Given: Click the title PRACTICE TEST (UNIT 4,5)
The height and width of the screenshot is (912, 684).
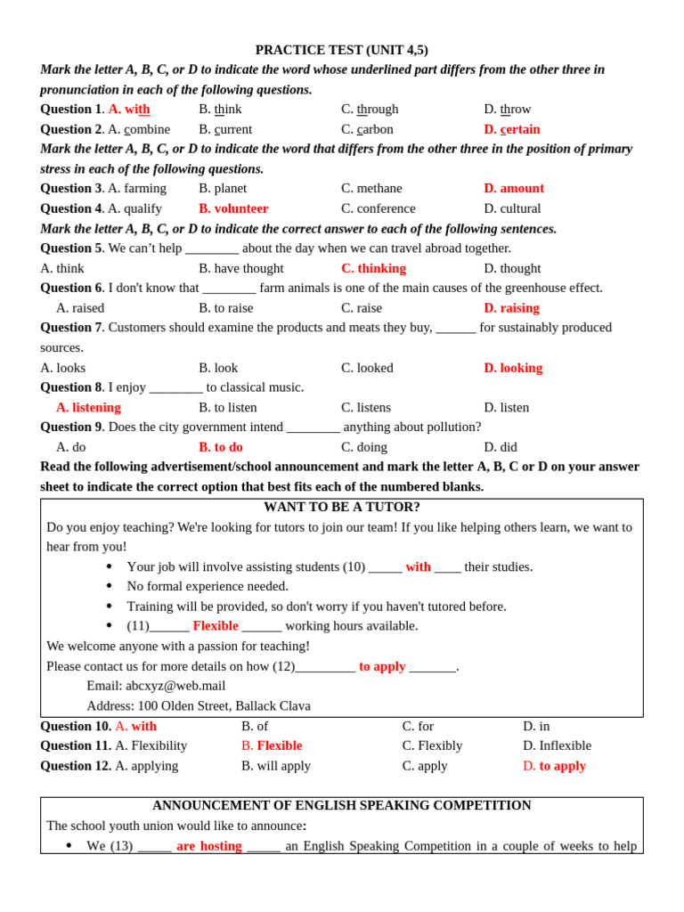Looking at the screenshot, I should tap(341, 50).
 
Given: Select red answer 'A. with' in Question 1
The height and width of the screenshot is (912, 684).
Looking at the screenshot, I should tap(129, 110).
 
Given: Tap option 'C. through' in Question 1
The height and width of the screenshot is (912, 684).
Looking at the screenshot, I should tap(370, 110).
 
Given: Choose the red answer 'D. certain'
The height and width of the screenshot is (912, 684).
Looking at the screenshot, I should tap(511, 129).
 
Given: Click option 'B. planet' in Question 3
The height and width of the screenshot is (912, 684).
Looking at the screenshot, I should tap(223, 189).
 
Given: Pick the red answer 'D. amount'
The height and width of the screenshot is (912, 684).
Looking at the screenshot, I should tap(513, 189).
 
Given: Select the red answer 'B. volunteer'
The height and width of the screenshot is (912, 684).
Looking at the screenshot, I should tap(233, 208).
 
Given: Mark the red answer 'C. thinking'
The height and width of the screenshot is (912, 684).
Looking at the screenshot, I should tap(373, 268).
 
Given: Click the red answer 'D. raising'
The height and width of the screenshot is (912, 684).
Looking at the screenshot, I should tap(511, 308).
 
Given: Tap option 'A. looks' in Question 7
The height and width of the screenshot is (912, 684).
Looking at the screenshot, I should tap(63, 368).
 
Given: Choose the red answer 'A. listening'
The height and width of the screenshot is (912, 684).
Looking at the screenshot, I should tap(88, 408).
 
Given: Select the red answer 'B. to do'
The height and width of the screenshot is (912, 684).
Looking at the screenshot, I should tap(220, 447).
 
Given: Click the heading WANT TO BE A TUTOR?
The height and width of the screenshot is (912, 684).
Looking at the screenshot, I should tap(341, 508).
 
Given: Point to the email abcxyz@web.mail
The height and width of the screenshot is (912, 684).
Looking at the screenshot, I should tap(175, 686).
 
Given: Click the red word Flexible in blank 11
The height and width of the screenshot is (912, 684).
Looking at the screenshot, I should tap(216, 626).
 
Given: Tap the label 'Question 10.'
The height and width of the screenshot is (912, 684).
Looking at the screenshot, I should tap(76, 726).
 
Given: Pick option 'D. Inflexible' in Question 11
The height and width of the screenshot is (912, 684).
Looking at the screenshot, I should tap(557, 745).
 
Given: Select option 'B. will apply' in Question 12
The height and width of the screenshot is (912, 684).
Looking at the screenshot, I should tap(276, 766).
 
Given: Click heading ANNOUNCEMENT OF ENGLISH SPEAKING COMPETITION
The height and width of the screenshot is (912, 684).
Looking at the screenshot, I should tap(341, 806).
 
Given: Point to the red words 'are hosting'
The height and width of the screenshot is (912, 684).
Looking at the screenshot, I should tap(208, 846).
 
